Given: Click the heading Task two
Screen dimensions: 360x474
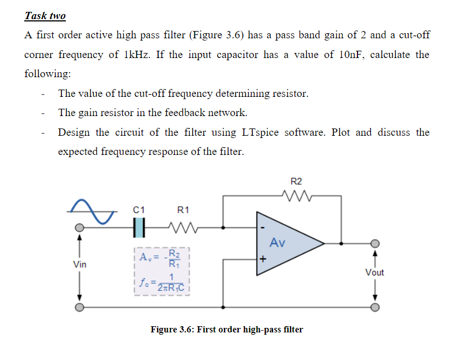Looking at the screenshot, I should pyautogui.click(x=45, y=16).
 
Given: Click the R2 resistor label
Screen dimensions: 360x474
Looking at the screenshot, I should pyautogui.click(x=296, y=181).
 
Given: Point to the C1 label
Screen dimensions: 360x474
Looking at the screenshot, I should pyautogui.click(x=138, y=210).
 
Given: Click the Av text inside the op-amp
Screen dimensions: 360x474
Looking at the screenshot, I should pyautogui.click(x=278, y=243).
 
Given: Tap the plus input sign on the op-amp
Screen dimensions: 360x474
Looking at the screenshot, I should pyautogui.click(x=262, y=260).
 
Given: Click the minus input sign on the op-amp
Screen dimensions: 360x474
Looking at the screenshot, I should pyautogui.click(x=262, y=228).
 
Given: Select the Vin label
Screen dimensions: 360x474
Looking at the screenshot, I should pyautogui.click(x=79, y=264).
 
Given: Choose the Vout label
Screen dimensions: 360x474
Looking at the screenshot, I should pyautogui.click(x=374, y=272).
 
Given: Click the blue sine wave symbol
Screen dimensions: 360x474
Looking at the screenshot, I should pyautogui.click(x=93, y=210).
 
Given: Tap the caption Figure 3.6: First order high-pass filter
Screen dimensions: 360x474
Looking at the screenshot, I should pyautogui.click(x=226, y=329).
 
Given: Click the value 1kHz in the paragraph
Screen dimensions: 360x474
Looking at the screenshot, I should pyautogui.click(x=138, y=55).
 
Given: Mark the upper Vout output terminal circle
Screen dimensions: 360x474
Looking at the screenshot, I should pyautogui.click(x=375, y=243).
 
